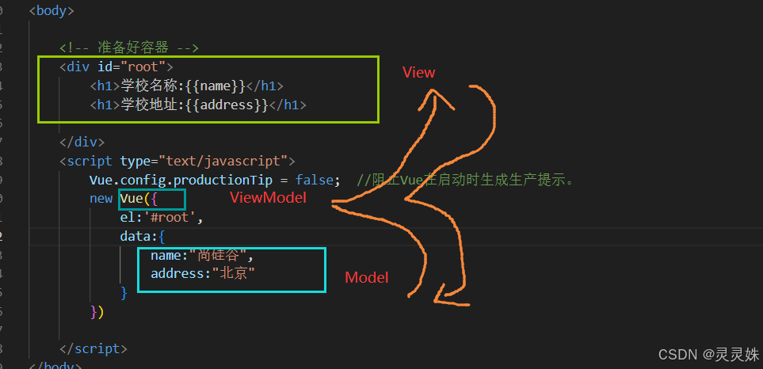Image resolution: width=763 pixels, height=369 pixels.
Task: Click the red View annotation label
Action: point(418,73)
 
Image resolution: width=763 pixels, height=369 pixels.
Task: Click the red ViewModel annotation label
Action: point(268,197)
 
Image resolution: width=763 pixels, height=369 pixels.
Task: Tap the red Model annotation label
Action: point(366,277)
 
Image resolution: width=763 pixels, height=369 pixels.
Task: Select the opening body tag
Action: point(52,12)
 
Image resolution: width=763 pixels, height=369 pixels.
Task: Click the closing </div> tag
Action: point(82,143)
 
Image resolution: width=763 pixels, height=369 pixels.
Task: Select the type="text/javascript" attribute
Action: point(208,162)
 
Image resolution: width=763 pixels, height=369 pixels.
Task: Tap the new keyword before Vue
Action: point(101,199)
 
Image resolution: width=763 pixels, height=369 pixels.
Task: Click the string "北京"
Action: point(238,274)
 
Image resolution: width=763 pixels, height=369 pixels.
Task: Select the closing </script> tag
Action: point(93,348)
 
